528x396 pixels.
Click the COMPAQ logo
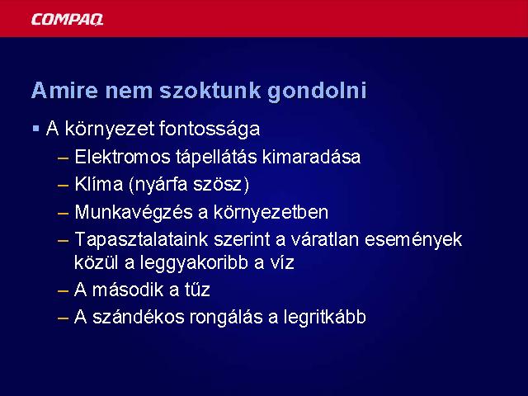(67, 19)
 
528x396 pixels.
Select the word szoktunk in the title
(210, 90)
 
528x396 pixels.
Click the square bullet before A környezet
(36, 129)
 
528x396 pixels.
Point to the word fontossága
(209, 129)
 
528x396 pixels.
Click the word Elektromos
(122, 157)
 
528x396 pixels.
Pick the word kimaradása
(311, 157)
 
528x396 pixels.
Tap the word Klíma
(99, 184)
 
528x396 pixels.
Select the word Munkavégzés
(140, 213)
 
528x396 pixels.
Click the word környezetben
(271, 213)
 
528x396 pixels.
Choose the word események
(413, 240)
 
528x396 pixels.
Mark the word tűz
(197, 290)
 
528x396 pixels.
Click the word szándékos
(139, 317)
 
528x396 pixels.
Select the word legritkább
(324, 317)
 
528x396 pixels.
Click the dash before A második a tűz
(64, 290)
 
